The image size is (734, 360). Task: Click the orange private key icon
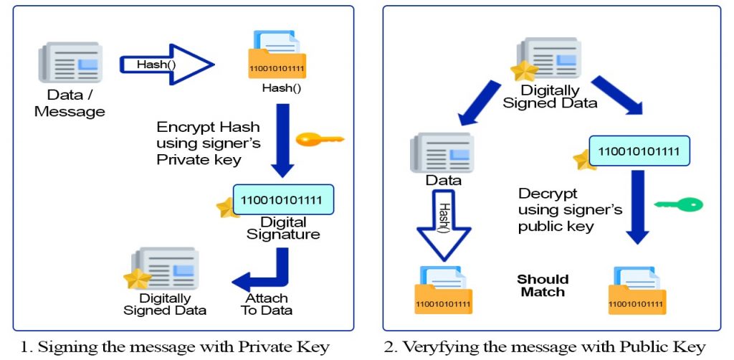320,139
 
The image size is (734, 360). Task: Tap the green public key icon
678,205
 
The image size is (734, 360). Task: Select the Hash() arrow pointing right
166,65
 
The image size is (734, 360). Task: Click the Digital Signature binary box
282,199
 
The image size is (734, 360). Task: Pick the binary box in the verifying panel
639,152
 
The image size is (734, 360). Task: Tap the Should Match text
543,285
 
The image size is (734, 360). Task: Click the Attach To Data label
267,304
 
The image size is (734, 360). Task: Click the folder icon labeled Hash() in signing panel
277,58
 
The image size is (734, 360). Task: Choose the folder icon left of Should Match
442,291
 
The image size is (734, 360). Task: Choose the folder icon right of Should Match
637,291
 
